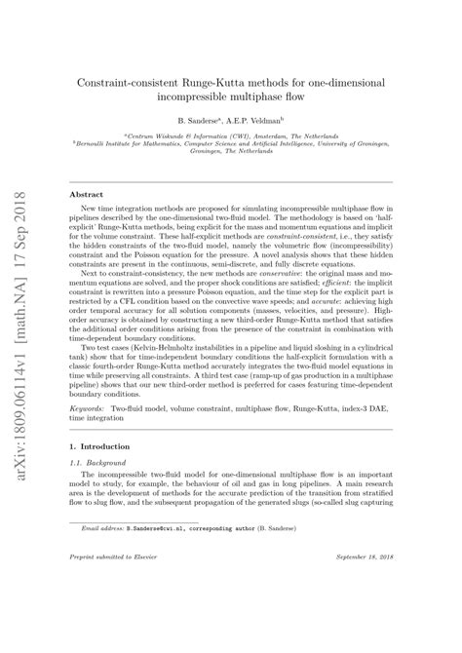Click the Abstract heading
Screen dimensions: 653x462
tap(94, 194)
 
